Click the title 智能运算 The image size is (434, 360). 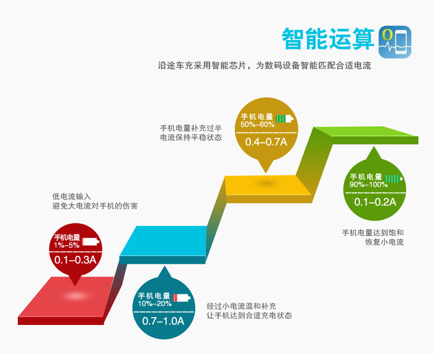tap(327, 39)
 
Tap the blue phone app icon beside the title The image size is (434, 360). tap(394, 41)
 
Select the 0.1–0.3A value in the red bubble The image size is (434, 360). tap(75, 259)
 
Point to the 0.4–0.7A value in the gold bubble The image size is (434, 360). tap(266, 141)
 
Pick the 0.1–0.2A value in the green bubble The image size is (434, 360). tap(375, 201)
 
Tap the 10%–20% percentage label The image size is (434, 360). tap(155, 303)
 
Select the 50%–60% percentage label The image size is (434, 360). tap(258, 124)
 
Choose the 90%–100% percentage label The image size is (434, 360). tap(368, 184)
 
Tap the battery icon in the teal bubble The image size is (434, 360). tap(181, 298)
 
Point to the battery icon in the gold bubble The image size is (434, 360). tap(284, 118)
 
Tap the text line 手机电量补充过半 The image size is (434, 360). tap(191, 127)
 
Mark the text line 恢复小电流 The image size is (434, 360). tap(384, 242)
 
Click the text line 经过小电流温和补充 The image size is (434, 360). tap(241, 306)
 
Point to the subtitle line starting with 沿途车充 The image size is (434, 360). tap(264, 66)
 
